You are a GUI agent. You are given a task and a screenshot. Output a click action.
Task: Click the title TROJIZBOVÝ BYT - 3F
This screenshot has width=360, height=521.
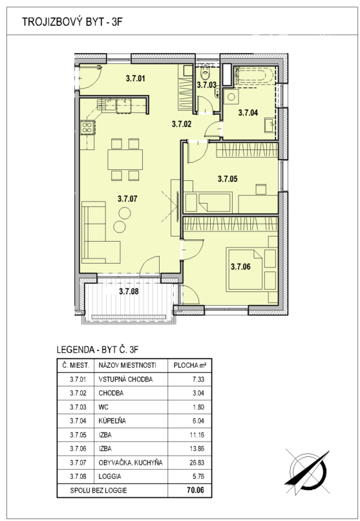click(72, 22)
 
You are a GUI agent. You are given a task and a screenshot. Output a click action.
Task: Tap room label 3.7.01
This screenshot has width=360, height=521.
click(136, 79)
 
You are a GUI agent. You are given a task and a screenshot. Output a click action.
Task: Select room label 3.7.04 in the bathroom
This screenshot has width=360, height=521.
click(248, 112)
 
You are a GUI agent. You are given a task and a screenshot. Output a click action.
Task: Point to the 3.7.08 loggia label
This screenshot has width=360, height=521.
click(129, 292)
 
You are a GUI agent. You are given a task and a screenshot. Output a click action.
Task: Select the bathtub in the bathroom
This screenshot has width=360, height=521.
click(254, 76)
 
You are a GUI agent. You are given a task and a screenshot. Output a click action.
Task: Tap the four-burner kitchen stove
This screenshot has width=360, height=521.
click(87, 127)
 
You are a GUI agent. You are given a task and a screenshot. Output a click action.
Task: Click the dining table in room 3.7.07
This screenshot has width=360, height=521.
click(125, 160)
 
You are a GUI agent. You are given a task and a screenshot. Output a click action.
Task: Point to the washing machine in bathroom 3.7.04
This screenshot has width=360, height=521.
click(231, 98)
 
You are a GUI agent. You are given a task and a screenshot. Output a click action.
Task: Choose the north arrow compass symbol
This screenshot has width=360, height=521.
click(307, 472)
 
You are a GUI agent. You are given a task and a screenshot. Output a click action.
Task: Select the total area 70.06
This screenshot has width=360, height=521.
click(195, 490)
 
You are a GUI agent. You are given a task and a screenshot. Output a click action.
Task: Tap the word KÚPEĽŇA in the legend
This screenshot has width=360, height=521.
click(112, 421)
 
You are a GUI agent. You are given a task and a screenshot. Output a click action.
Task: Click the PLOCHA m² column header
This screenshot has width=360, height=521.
click(189, 365)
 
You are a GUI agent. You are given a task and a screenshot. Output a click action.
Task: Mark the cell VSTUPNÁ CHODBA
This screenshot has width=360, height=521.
click(125, 379)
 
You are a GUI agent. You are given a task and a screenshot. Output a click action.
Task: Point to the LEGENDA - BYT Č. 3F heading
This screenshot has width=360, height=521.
click(98, 350)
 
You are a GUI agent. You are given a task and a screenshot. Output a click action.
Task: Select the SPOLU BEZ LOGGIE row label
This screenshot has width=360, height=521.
click(98, 490)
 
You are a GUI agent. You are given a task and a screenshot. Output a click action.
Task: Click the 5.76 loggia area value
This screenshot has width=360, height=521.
click(198, 476)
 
